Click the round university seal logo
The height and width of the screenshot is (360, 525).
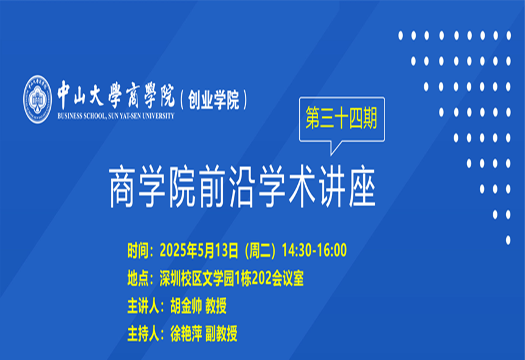37,99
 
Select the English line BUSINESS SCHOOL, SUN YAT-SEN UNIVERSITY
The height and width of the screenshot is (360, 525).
116,116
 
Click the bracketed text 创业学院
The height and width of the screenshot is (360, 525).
213,99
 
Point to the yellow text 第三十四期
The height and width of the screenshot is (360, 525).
341,118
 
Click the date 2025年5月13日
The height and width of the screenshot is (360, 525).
199,250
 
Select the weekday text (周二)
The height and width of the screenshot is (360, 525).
260,250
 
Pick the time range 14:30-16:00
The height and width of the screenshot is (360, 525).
314,250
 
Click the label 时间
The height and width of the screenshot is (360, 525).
138,251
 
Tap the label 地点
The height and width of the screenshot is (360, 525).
138,278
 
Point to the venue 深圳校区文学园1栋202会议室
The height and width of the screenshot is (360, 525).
232,278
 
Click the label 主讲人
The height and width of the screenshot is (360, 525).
143,306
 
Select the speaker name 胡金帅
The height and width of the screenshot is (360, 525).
186,306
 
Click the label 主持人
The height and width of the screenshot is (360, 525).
143,333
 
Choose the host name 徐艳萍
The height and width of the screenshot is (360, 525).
186,333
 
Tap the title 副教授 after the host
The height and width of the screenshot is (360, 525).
221,333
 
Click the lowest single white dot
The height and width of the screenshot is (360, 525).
508,240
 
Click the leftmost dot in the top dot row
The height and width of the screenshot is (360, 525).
400,35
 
